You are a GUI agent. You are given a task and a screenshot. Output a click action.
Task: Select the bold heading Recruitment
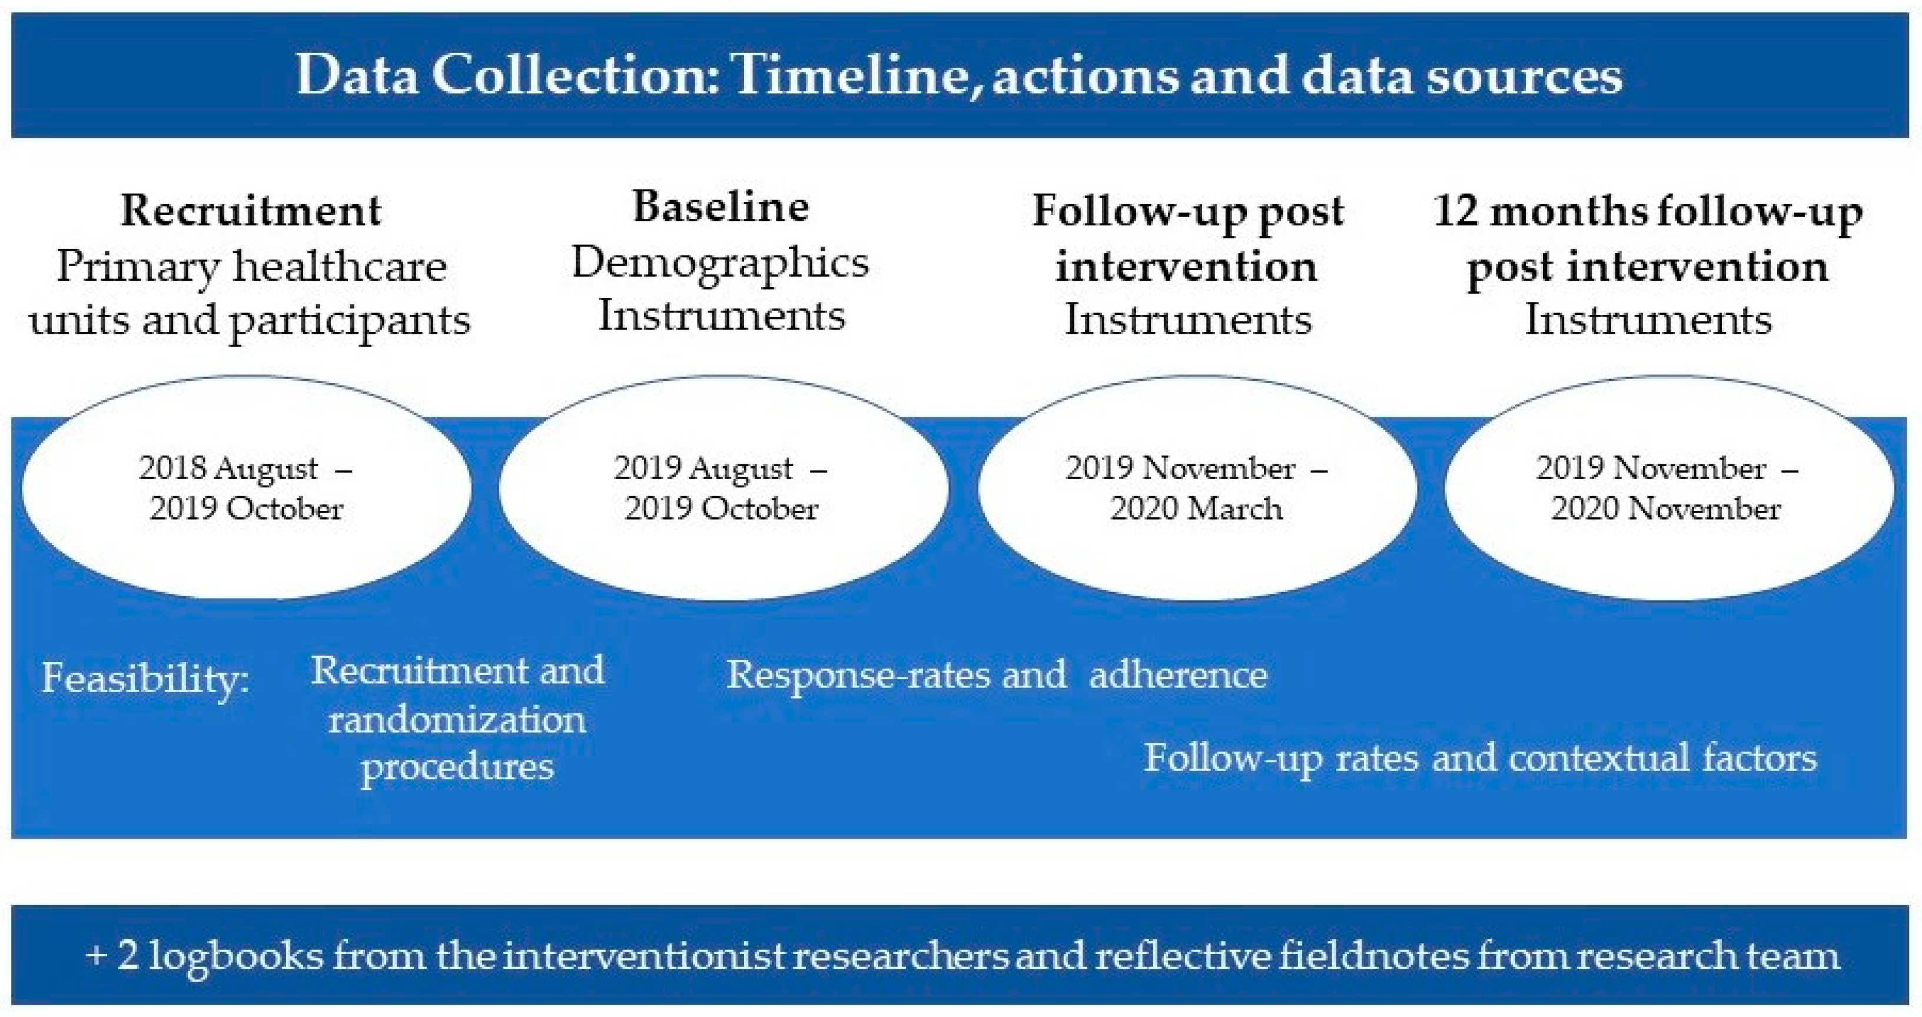click(251, 211)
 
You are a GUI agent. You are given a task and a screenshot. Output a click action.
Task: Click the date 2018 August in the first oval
click(228, 468)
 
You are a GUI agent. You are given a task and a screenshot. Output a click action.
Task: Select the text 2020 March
click(1196, 509)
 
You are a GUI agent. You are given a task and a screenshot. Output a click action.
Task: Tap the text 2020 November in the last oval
click(1666, 509)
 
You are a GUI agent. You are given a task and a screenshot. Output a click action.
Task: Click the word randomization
click(457, 720)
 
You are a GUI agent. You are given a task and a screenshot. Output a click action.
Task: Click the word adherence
click(1178, 674)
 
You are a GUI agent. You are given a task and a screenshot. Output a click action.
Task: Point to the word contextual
click(1598, 758)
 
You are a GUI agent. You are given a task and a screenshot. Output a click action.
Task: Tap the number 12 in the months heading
click(1454, 211)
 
